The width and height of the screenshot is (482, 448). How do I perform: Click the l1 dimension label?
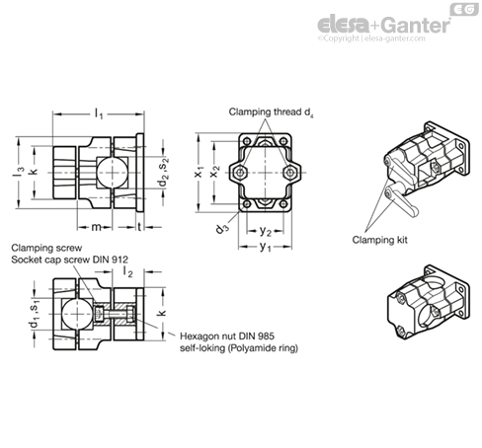[99, 114]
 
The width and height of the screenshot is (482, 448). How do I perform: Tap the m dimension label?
[96, 227]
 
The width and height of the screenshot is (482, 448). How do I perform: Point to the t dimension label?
[139, 226]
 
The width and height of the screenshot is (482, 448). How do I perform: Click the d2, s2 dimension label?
[164, 171]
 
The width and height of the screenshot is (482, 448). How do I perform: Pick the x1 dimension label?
[199, 172]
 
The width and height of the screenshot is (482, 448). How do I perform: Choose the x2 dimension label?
[214, 172]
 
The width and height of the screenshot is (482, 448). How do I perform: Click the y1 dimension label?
[265, 247]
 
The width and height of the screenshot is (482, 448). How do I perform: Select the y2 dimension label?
[265, 231]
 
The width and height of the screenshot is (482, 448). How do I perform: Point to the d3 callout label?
[222, 227]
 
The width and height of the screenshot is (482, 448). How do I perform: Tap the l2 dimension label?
[127, 271]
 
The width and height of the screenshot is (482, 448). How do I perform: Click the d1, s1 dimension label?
[35, 313]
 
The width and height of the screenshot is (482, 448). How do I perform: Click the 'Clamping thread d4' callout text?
[271, 112]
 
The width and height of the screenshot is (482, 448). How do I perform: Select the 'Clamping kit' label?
[379, 240]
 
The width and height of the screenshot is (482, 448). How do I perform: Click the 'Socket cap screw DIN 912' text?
[70, 260]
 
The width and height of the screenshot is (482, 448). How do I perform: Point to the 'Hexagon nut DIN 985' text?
[227, 336]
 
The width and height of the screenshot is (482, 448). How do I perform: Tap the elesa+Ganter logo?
[384, 26]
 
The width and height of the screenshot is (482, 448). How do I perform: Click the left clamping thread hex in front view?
[241, 173]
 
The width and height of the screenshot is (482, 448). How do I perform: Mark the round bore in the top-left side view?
[113, 173]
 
